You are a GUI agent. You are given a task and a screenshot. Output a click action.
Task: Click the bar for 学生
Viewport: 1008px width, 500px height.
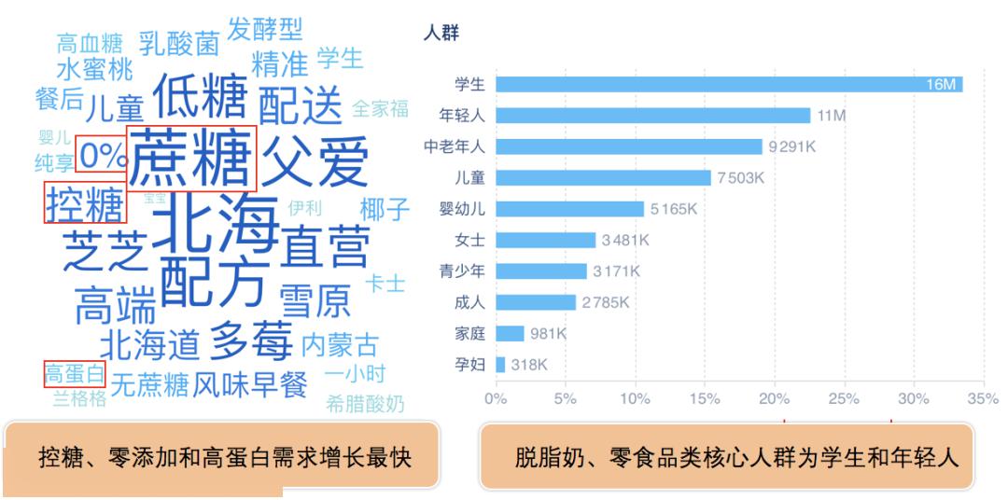[728, 85]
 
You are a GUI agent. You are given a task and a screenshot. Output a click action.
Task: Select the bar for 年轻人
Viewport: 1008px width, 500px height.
[652, 116]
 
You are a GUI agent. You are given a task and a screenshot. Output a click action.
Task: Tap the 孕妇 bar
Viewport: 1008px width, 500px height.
[500, 365]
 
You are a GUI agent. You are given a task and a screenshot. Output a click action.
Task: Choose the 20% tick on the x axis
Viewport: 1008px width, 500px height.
[774, 398]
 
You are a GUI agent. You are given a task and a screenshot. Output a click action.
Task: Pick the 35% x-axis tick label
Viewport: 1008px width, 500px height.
[983, 398]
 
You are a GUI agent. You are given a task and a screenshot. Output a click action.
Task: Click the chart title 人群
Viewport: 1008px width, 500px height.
[440, 34]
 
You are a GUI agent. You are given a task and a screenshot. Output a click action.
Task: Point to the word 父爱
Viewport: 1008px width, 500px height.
[315, 160]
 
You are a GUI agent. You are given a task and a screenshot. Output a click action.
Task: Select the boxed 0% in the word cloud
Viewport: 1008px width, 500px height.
[101, 156]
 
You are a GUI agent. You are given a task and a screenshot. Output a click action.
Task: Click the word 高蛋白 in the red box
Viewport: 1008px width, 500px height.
[75, 375]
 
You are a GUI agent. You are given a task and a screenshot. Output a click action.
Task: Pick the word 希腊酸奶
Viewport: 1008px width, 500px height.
[365, 404]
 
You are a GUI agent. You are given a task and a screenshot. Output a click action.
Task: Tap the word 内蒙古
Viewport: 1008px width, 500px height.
[340, 345]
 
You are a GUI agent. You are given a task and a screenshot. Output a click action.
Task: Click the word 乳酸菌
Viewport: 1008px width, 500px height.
[179, 43]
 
